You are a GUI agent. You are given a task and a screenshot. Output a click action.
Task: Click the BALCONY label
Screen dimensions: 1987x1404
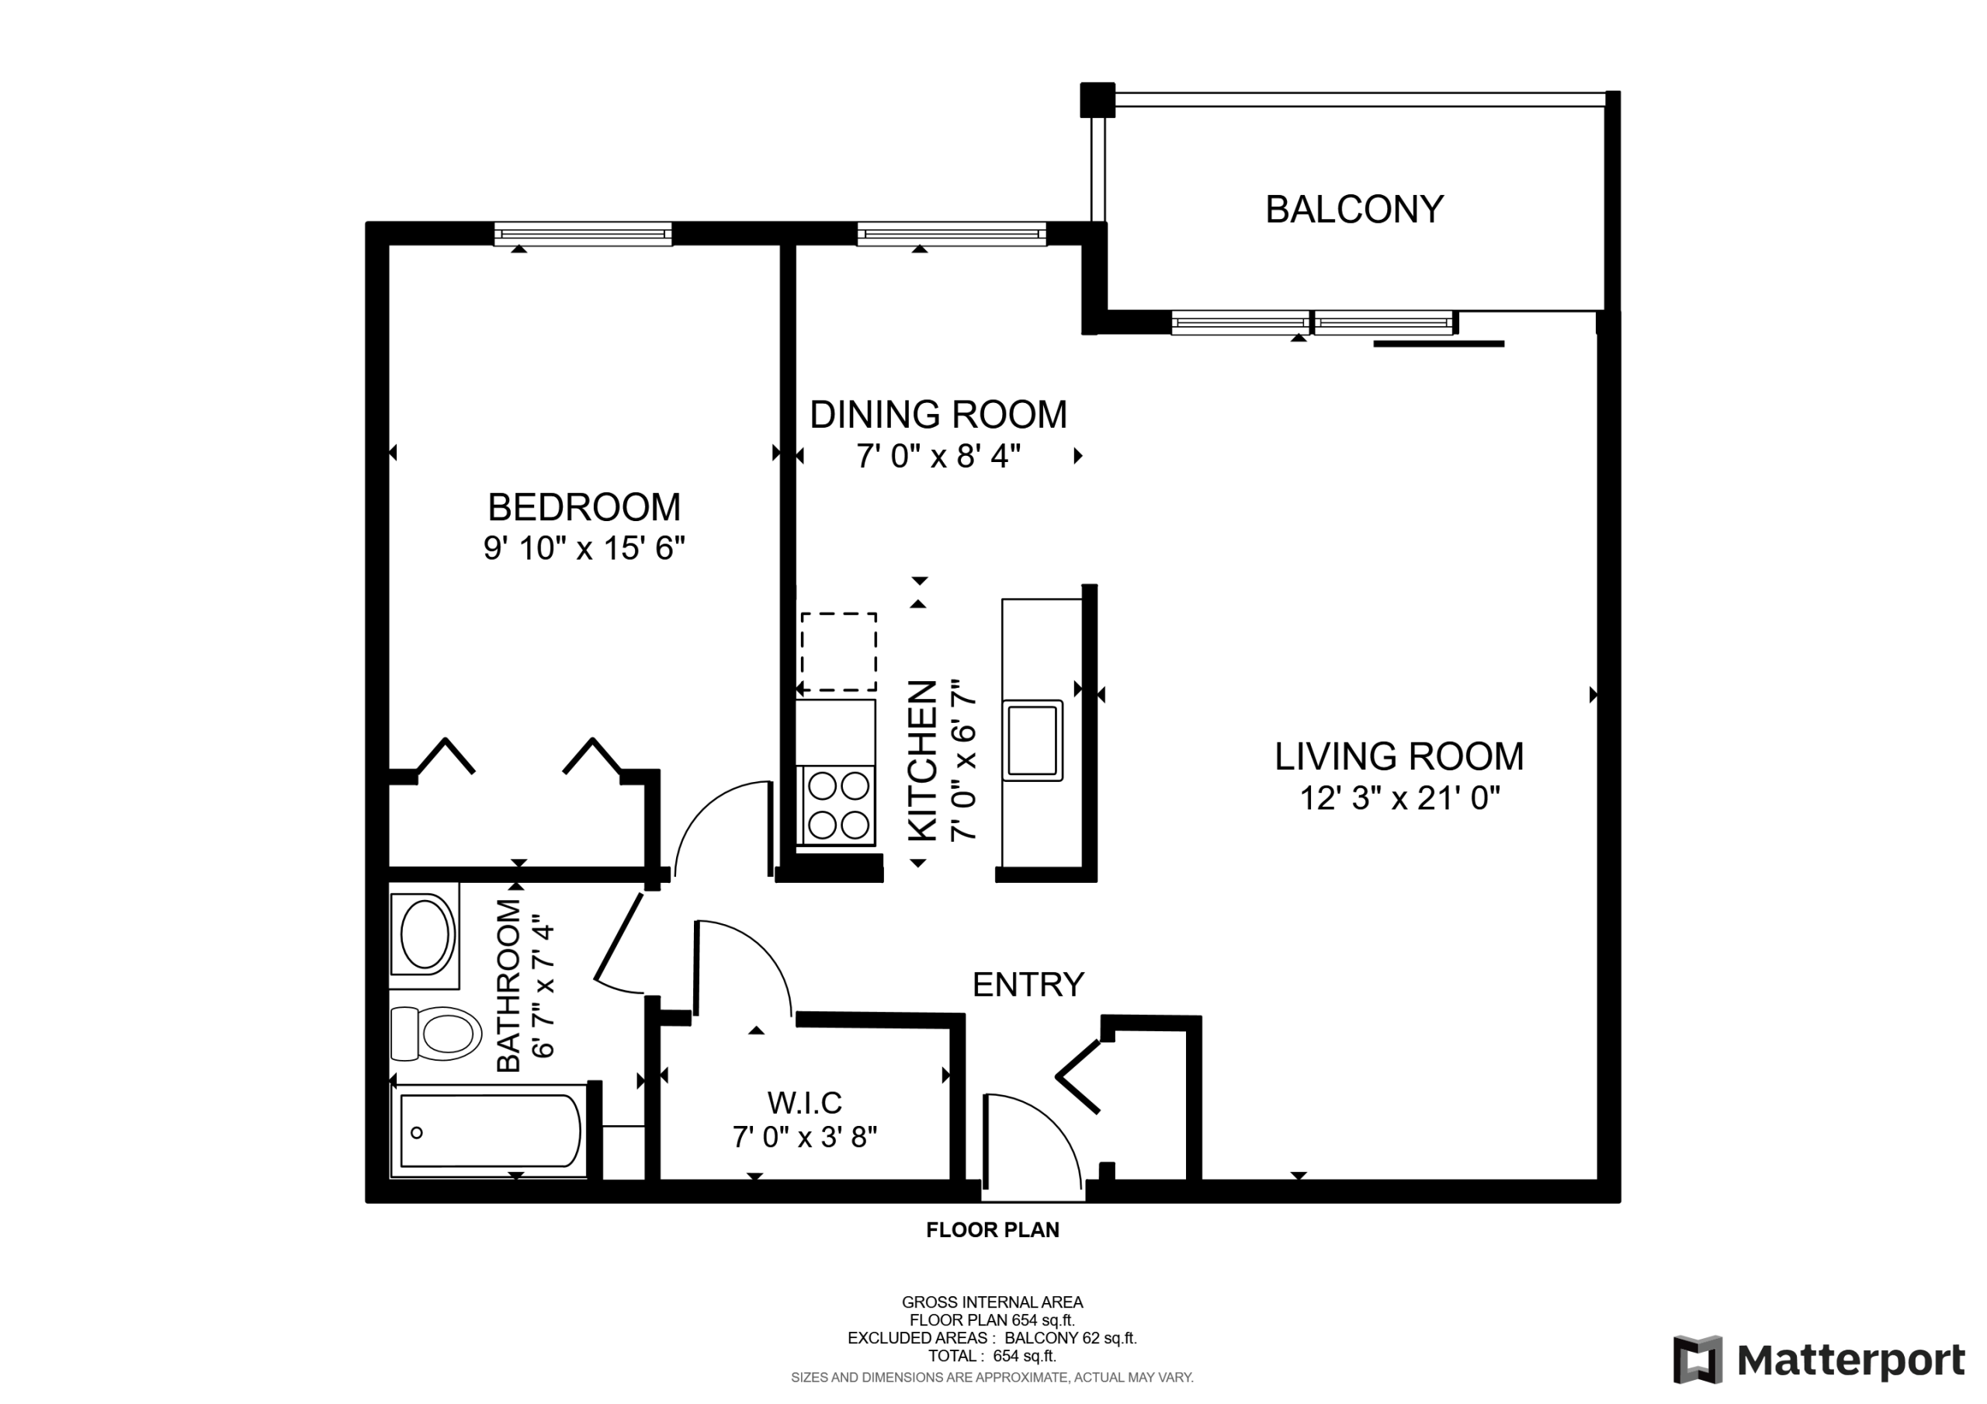point(1354,210)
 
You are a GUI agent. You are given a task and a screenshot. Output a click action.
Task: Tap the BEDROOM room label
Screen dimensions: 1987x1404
point(584,507)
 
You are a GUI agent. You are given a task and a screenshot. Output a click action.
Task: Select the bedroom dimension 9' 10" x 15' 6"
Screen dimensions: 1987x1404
point(584,548)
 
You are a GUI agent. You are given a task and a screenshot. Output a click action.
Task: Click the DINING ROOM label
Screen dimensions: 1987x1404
point(938,415)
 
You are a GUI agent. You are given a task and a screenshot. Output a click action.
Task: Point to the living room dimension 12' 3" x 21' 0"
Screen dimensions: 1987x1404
point(1399,798)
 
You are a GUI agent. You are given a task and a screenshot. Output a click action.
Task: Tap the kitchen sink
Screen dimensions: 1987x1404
point(1032,741)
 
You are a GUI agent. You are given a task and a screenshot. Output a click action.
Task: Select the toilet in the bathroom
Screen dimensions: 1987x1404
point(435,1033)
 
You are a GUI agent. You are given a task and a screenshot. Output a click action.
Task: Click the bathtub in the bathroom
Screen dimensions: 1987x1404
point(490,1131)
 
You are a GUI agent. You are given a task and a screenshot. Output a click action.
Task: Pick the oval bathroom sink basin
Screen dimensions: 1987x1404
point(424,935)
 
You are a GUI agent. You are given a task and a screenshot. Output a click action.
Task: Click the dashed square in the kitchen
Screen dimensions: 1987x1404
point(837,652)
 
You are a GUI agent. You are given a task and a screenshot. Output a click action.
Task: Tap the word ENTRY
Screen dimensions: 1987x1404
point(1028,984)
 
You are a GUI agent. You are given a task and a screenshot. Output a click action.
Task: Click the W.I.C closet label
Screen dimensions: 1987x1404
point(804,1103)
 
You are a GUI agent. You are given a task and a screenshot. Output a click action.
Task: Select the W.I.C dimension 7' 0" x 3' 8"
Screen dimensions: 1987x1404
point(804,1137)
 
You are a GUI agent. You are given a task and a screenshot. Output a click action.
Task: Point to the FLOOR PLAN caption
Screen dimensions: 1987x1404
point(993,1230)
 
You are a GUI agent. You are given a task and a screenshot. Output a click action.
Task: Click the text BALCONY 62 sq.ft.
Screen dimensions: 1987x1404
point(1070,1338)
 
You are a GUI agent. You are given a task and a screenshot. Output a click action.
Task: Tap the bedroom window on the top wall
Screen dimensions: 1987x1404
point(583,234)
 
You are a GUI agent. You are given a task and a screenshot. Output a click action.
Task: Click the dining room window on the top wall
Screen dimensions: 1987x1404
point(952,234)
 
